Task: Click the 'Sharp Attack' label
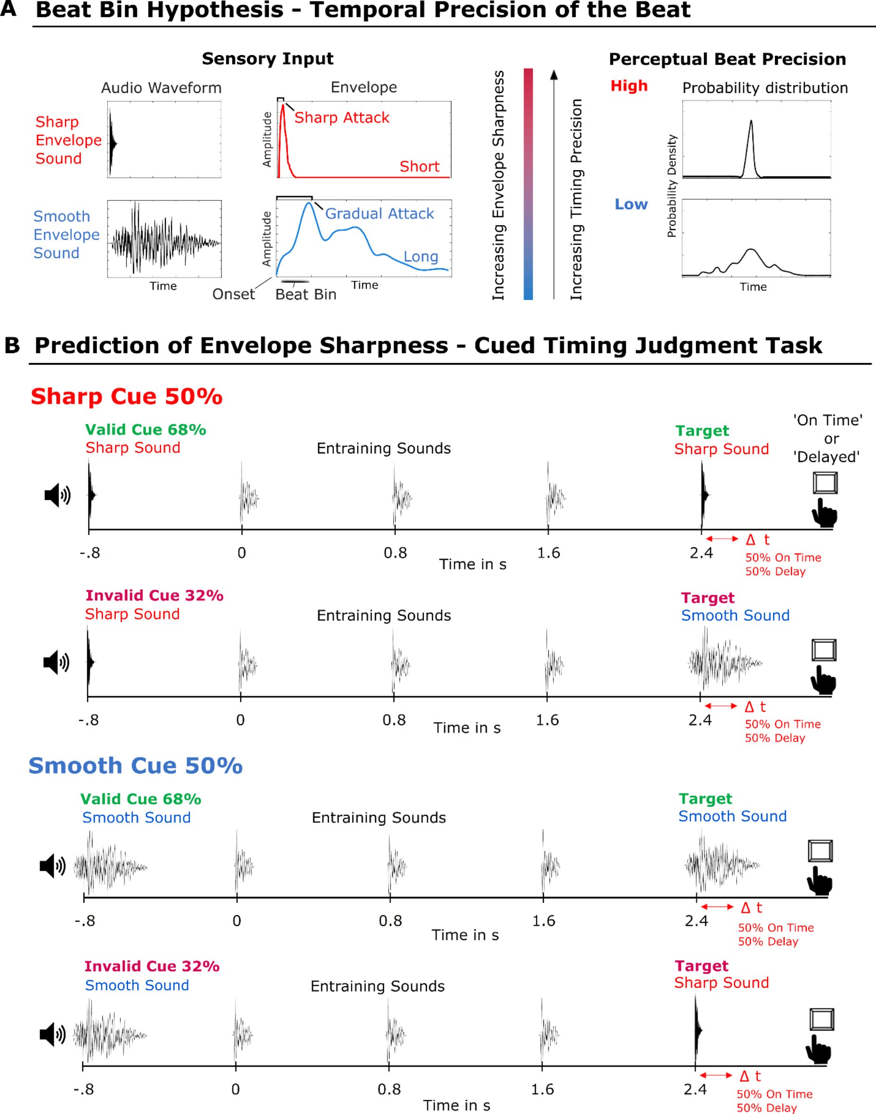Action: (342, 118)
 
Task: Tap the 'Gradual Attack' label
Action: (380, 214)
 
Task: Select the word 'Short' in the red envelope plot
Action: (419, 166)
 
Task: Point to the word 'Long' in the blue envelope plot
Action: (421, 257)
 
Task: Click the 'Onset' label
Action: (234, 294)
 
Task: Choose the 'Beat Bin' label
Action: (306, 295)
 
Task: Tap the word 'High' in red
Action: (629, 86)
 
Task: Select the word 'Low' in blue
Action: (631, 205)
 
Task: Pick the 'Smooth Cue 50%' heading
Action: (135, 766)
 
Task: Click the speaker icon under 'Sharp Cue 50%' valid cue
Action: (58, 495)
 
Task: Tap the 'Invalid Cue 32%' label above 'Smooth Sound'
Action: (152, 966)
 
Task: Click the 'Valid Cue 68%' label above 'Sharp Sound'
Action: (146, 430)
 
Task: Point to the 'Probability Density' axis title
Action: (672, 186)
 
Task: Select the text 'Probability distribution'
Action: (765, 88)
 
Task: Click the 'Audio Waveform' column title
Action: (161, 88)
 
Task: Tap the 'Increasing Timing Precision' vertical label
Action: (576, 199)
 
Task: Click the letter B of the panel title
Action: (12, 346)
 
